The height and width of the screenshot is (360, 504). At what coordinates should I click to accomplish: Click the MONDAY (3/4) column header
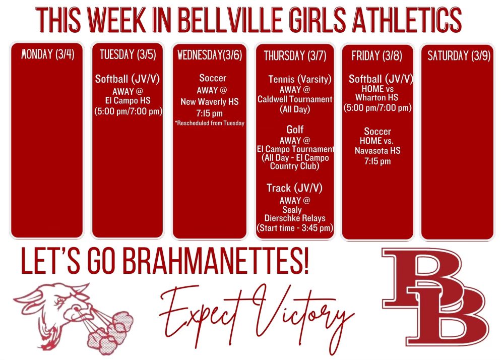[x=48, y=54]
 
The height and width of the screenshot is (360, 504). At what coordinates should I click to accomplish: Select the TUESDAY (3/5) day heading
[x=128, y=54]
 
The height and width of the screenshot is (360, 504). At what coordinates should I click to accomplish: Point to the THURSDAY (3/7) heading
[x=292, y=55]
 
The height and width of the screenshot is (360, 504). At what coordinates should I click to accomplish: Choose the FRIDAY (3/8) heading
[x=377, y=55]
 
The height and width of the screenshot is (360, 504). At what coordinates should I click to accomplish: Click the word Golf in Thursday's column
[x=295, y=130]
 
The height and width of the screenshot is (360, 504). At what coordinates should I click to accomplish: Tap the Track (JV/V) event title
[x=295, y=188]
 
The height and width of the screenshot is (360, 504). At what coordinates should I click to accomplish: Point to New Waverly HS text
[x=209, y=102]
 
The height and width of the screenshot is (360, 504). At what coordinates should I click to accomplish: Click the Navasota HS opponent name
[x=377, y=151]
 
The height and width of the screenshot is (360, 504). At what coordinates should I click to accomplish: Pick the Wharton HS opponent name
[x=377, y=97]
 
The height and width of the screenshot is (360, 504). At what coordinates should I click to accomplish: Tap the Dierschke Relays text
[x=295, y=218]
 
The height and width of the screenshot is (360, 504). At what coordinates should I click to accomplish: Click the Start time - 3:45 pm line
[x=295, y=228]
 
